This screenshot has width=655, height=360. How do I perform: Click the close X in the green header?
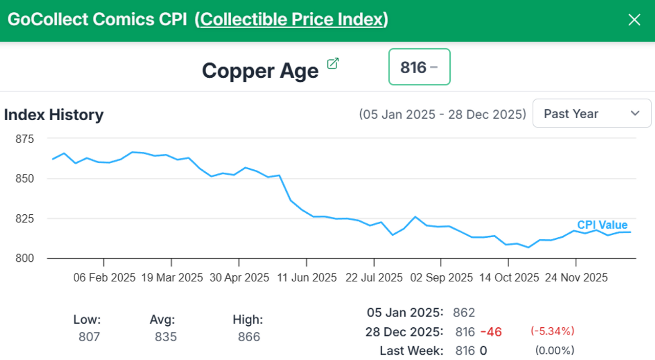(x=634, y=20)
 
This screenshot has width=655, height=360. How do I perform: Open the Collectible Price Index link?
(x=292, y=19)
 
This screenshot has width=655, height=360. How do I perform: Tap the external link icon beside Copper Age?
(x=333, y=63)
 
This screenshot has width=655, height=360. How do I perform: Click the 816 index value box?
(x=419, y=66)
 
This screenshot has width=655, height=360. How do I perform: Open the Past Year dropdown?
(x=592, y=114)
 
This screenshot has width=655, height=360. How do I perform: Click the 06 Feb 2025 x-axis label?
(x=104, y=278)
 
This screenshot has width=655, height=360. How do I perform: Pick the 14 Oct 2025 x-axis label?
(x=509, y=278)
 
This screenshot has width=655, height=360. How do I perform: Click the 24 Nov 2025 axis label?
(x=576, y=278)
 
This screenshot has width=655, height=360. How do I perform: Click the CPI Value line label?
(x=602, y=225)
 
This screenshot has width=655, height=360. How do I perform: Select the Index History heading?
(x=54, y=115)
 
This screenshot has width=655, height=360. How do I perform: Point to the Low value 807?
(x=90, y=337)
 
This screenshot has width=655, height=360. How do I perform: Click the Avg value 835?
(x=165, y=337)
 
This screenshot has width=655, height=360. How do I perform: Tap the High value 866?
(x=249, y=337)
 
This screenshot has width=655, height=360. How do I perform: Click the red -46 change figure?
(x=491, y=332)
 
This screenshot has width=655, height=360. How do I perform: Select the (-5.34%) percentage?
(x=552, y=331)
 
